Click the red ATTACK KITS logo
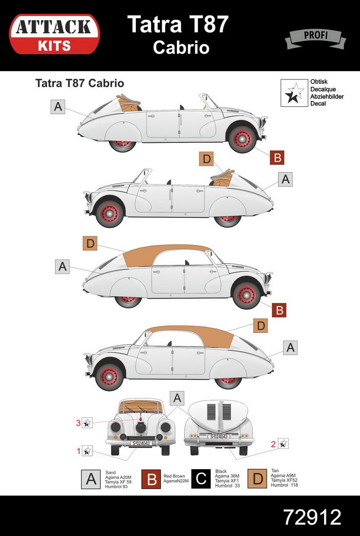[54, 34]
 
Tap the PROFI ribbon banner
[315, 38]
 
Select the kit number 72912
[312, 517]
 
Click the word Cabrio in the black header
[181, 47]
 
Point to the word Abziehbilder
[327, 96]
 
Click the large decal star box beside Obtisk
[294, 93]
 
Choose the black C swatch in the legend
[201, 479]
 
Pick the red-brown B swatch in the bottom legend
[152, 479]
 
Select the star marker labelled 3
[87, 423]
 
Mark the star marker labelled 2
[283, 443]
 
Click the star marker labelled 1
[87, 451]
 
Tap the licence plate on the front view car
[140, 443]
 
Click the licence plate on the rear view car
[219, 437]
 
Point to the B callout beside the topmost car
[277, 157]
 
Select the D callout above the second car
[207, 159]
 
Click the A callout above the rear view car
[177, 398]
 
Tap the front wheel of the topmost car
[242, 139]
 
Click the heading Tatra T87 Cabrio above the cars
[79, 83]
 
